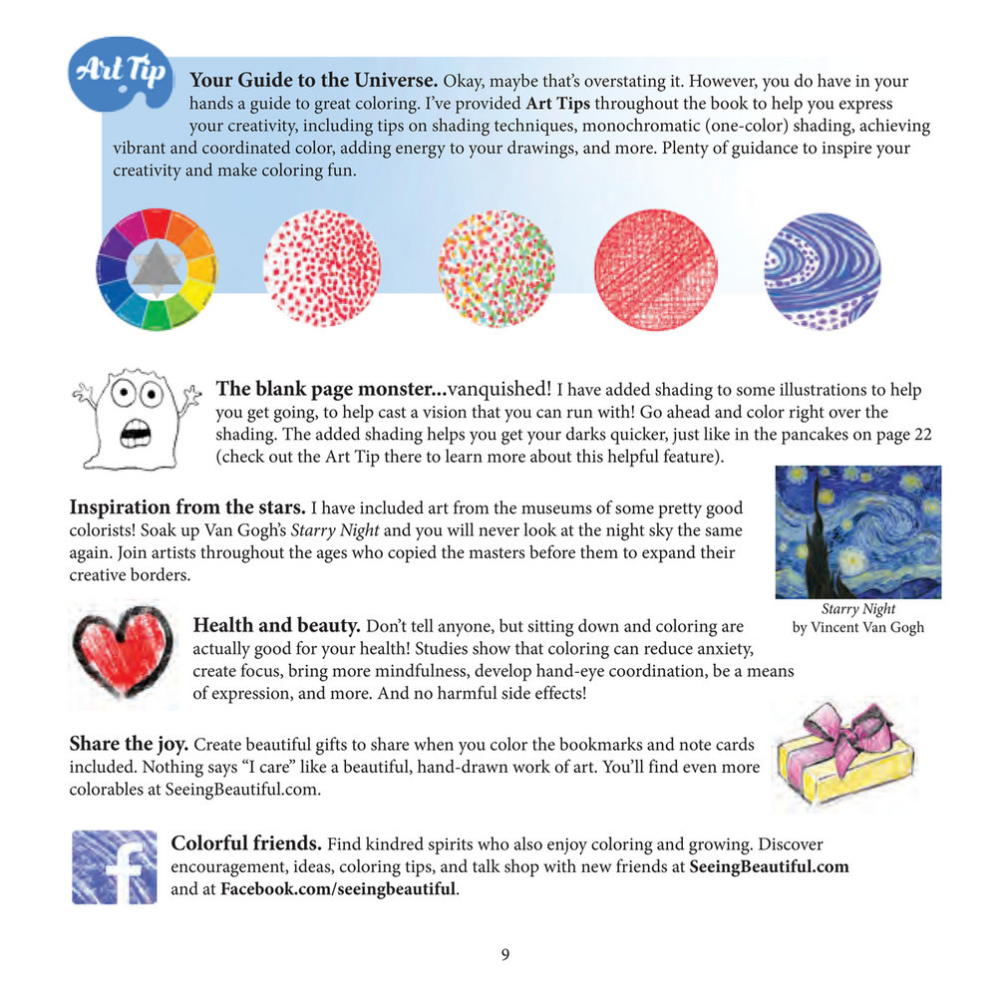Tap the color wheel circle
(156, 269)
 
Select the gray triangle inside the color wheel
(156, 267)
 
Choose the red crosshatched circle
(655, 269)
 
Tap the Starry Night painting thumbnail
(858, 531)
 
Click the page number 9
(504, 955)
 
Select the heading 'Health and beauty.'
(276, 626)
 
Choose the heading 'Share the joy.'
(128, 744)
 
